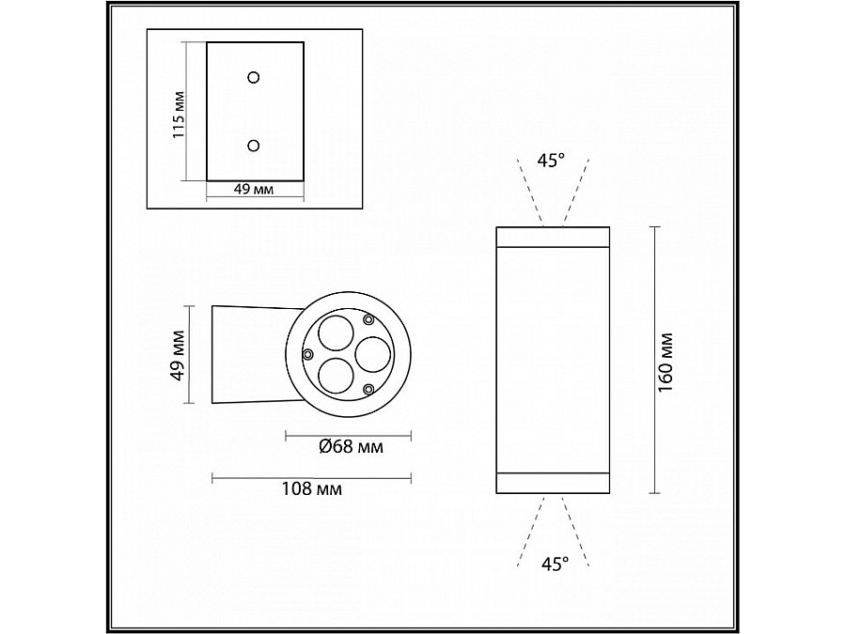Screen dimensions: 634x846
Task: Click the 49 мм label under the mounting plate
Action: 253,190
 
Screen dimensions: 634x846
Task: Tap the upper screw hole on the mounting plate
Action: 254,77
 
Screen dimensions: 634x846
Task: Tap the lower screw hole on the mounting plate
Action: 254,145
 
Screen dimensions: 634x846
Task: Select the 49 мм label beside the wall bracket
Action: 176,354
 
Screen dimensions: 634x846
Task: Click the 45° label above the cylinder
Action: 552,160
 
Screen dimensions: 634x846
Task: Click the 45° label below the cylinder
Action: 555,564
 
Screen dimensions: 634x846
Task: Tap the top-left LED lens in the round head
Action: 333,333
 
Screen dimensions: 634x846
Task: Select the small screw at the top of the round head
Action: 369,318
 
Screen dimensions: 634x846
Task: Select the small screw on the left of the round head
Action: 307,354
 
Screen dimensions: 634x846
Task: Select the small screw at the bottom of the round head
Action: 369,388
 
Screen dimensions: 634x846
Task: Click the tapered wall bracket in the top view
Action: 246,354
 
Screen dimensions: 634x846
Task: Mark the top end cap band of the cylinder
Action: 552,235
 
